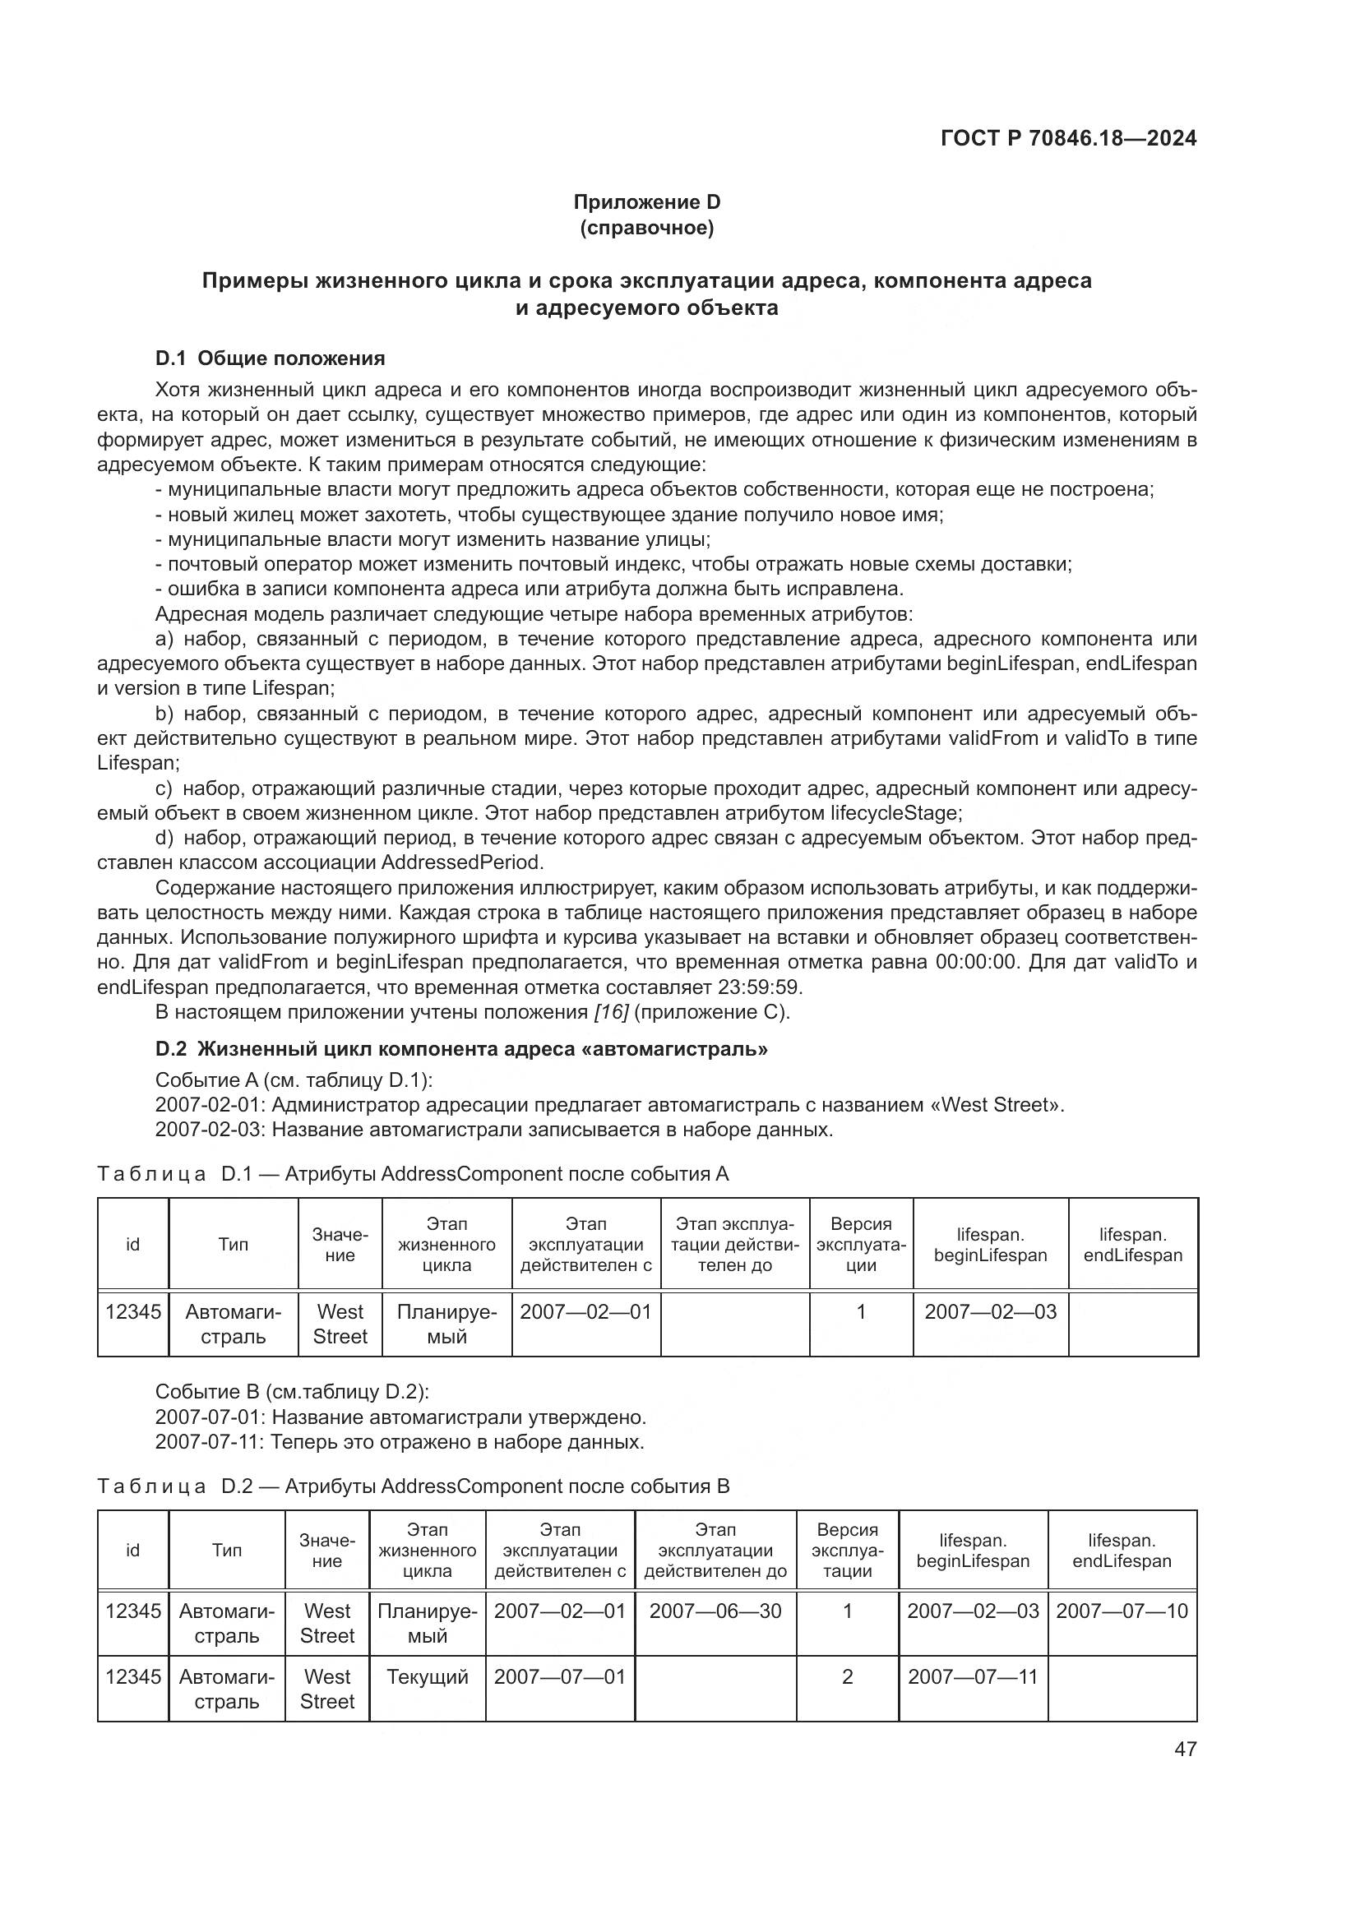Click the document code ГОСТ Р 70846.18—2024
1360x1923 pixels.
(x=1069, y=138)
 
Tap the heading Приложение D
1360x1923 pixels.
(x=646, y=202)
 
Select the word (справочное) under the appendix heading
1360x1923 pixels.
(x=646, y=228)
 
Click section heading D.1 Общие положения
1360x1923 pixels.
(x=270, y=358)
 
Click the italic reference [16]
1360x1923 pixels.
(x=610, y=1012)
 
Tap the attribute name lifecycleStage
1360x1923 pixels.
(x=895, y=812)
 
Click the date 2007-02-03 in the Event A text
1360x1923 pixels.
(x=210, y=1129)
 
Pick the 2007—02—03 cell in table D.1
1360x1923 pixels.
(x=990, y=1311)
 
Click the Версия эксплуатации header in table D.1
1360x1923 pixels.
(x=860, y=1244)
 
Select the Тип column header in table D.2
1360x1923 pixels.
(x=226, y=1550)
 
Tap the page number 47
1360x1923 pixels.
(x=1185, y=1749)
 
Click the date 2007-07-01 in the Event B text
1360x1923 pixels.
(x=210, y=1417)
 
